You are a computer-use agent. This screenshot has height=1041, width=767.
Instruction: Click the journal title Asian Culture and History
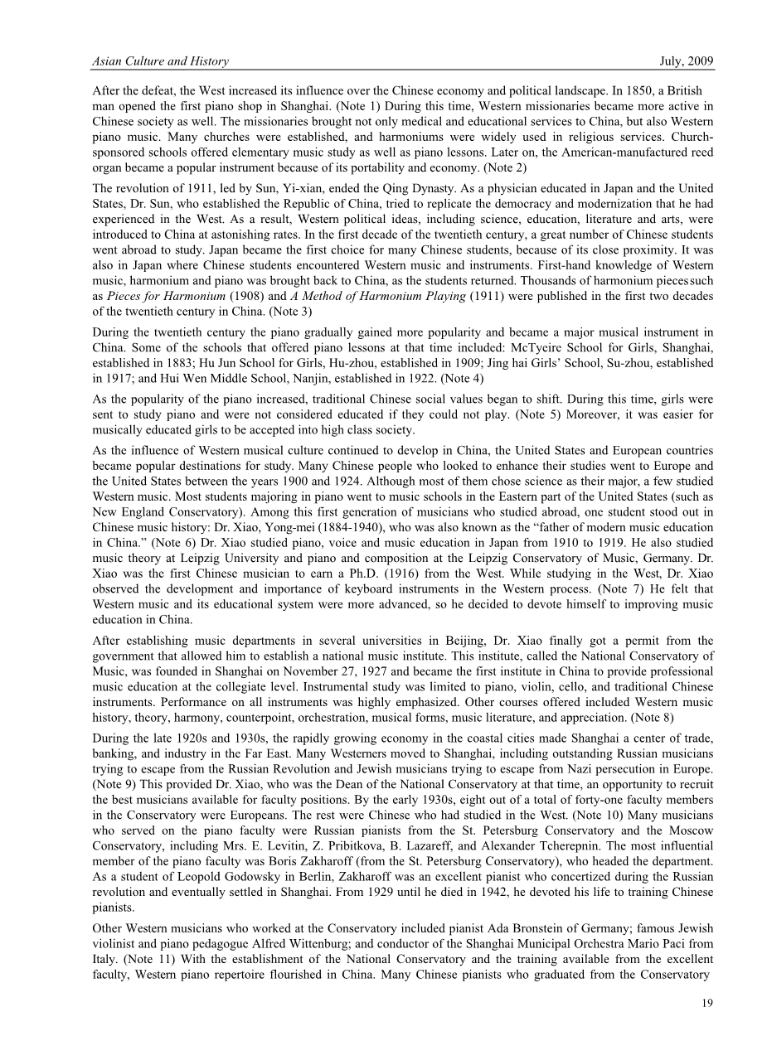pos(160,61)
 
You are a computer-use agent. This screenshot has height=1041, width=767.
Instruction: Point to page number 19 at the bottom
pos(707,1004)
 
